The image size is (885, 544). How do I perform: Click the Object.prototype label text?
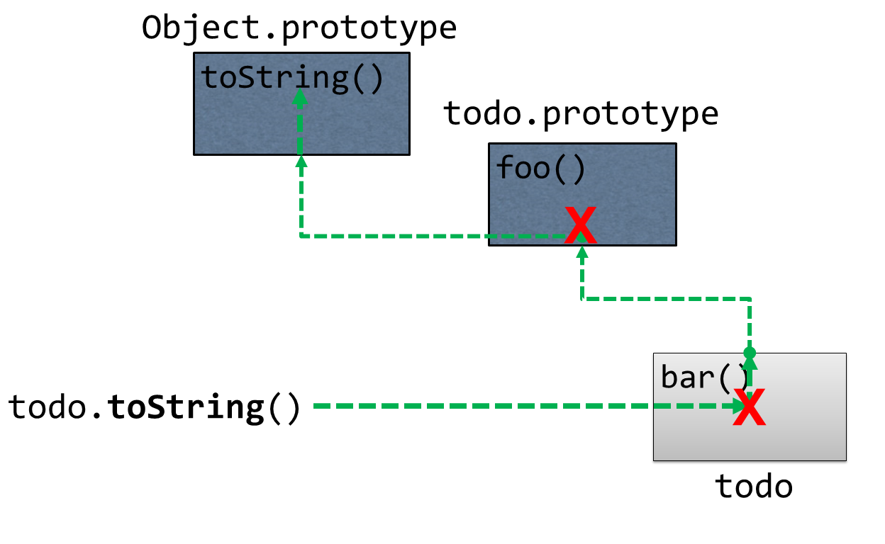[299, 28]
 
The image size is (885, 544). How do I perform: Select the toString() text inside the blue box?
[292, 77]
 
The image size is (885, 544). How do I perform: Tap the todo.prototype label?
[581, 114]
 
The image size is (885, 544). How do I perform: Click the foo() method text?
[540, 169]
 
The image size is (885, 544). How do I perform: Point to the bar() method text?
[704, 377]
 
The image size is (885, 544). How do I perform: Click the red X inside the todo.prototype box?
[580, 226]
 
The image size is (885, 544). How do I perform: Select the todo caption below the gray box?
[753, 487]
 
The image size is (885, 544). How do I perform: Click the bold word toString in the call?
[186, 407]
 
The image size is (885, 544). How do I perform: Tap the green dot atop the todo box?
[750, 352]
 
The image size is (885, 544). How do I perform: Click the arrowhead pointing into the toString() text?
[300, 99]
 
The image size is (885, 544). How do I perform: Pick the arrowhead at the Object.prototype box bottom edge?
[301, 162]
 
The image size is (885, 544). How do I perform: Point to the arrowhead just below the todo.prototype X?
[581, 253]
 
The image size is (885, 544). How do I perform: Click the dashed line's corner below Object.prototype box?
[301, 235]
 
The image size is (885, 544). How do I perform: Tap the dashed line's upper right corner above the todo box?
[750, 299]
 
